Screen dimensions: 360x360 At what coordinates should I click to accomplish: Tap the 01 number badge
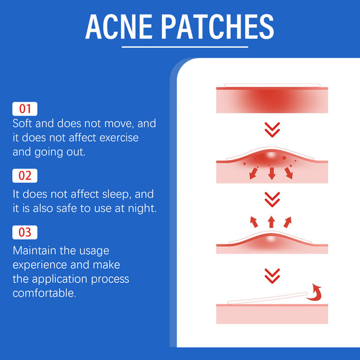(x=25, y=109)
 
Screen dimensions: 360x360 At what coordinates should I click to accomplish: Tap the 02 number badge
(x=25, y=175)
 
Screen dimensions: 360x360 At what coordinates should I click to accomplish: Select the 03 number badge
(x=25, y=233)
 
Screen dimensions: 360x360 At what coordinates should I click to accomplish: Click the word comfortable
(x=44, y=293)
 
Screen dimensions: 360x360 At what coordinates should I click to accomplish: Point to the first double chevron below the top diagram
(x=272, y=129)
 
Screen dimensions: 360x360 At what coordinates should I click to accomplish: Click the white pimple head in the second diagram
(x=271, y=155)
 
